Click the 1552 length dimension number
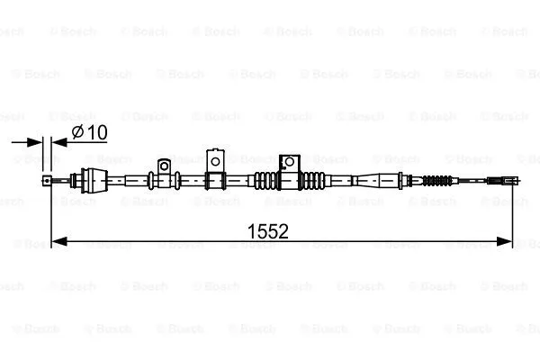pyautogui.click(x=267, y=231)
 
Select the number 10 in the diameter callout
pyautogui.click(x=98, y=132)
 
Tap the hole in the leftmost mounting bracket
pyautogui.click(x=164, y=166)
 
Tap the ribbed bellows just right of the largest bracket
pyautogui.click(x=312, y=180)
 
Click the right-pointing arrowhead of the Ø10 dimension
pyautogui.click(x=37, y=140)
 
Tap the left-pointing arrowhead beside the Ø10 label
pyautogui.click(x=58, y=140)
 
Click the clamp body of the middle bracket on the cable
pyautogui.click(x=216, y=180)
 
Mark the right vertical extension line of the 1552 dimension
pyautogui.click(x=513, y=216)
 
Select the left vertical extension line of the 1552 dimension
pyautogui.click(x=52, y=216)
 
